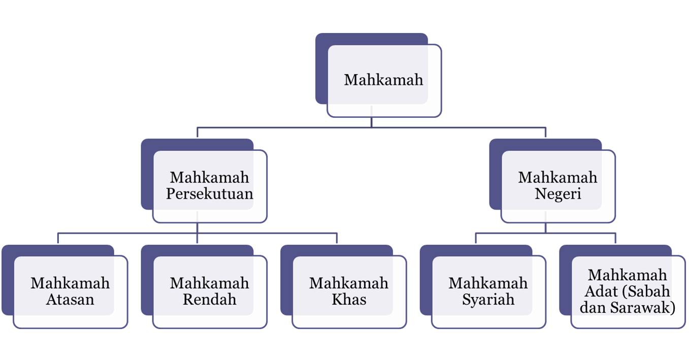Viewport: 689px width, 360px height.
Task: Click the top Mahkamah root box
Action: pyautogui.click(x=384, y=81)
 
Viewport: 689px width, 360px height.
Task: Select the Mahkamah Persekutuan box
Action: pyautogui.click(x=210, y=186)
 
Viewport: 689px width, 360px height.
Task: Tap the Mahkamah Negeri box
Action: pyautogui.click(x=557, y=186)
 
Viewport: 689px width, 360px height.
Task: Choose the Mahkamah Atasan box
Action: pyautogui.click(x=70, y=291)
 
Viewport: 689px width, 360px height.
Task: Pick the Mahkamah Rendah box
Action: pyautogui.click(x=210, y=291)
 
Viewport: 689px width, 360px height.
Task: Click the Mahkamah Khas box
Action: pyautogui.click(x=349, y=291)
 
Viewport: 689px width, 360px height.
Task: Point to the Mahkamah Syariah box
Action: pyautogui.click(x=488, y=291)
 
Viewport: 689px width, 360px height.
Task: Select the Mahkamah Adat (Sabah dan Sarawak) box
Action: pyautogui.click(x=628, y=291)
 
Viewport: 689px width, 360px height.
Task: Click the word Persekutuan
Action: pyautogui.click(x=210, y=194)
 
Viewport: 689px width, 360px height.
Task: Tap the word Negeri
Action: pyautogui.click(x=557, y=194)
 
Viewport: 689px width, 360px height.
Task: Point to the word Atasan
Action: pyautogui.click(x=70, y=299)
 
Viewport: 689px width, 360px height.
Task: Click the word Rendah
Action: pyautogui.click(x=210, y=299)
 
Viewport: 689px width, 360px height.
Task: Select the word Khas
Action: pyautogui.click(x=349, y=299)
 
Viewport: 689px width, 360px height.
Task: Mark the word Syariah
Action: pyautogui.click(x=488, y=299)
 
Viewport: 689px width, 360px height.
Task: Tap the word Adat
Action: pyautogui.click(x=602, y=291)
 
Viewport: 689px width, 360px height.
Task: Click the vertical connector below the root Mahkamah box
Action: pyautogui.click(x=372, y=122)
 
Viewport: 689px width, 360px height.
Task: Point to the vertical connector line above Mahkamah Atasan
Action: pyautogui.click(x=58, y=238)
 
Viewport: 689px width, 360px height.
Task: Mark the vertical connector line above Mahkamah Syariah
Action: pyautogui.click(x=476, y=238)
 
